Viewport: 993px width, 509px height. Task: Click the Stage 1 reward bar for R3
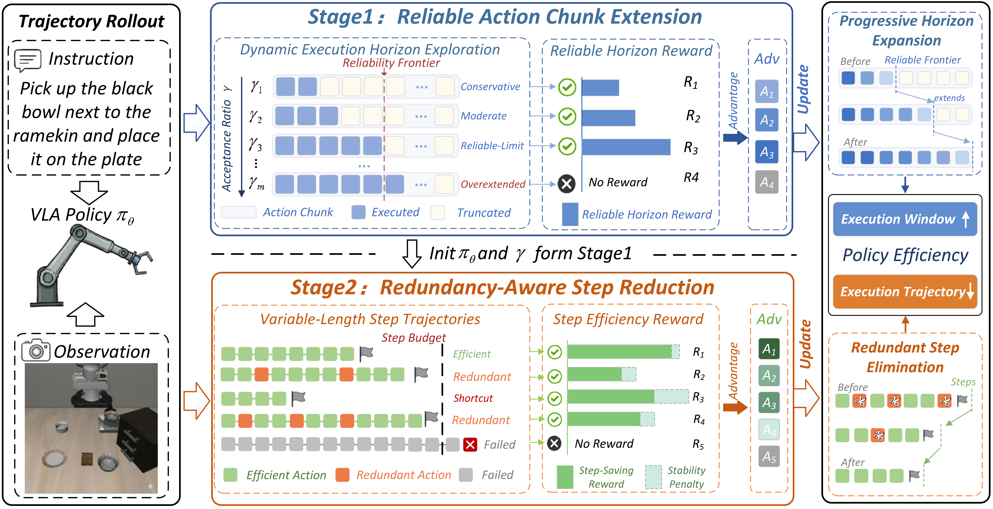click(626, 147)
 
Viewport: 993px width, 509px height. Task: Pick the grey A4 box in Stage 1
click(767, 182)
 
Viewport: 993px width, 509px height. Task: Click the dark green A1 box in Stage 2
click(769, 349)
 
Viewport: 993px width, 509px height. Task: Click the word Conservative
click(490, 87)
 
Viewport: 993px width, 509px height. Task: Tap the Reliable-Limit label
click(492, 146)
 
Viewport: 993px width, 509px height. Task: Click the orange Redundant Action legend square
click(342, 475)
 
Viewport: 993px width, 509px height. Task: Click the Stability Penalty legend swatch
click(653, 477)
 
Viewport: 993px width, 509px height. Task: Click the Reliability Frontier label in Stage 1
click(391, 63)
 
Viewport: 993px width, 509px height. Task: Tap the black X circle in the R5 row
click(554, 443)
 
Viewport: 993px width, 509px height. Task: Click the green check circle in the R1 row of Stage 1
click(567, 87)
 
